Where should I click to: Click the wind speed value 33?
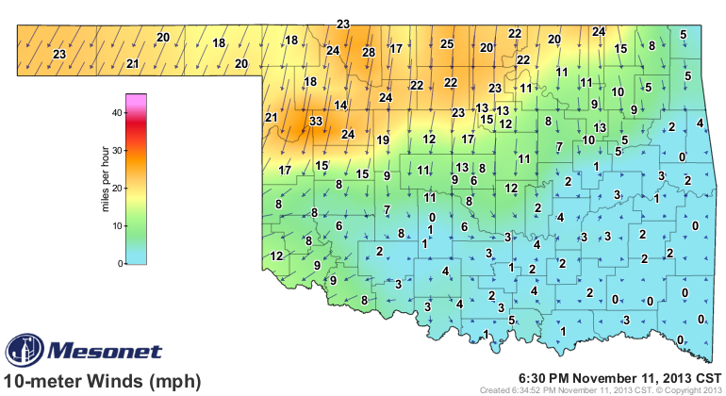pyautogui.click(x=316, y=122)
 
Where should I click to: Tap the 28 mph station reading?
pyautogui.click(x=369, y=52)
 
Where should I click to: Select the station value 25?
pyautogui.click(x=448, y=43)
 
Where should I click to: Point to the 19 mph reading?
pyautogui.click(x=383, y=140)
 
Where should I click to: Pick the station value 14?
pyautogui.click(x=340, y=105)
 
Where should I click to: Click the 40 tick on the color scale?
pyautogui.click(x=117, y=112)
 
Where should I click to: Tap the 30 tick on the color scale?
pyautogui.click(x=117, y=150)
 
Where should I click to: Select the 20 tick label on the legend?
pyautogui.click(x=117, y=188)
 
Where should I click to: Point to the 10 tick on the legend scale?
pyautogui.click(x=117, y=226)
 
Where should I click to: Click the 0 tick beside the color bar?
pyautogui.click(x=120, y=264)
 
